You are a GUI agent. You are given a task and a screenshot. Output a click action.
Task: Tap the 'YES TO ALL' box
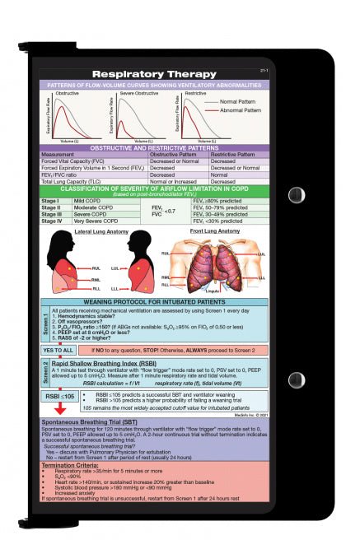58,350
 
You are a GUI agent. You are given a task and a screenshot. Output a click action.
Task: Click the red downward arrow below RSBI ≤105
60,408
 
